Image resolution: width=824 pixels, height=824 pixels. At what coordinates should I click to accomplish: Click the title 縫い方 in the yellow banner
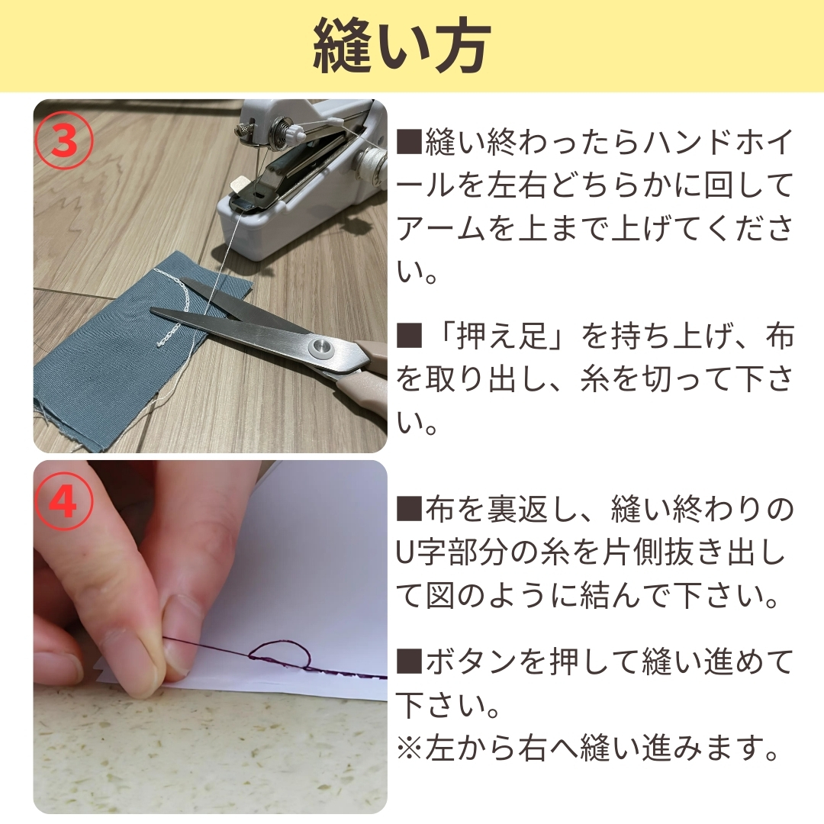pyautogui.click(x=402, y=47)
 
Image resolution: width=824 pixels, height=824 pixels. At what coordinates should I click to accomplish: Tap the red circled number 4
pyautogui.click(x=64, y=502)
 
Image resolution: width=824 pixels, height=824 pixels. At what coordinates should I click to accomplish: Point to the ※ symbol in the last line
pyautogui.click(x=410, y=747)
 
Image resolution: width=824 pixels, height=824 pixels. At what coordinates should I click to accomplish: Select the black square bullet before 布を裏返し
pyautogui.click(x=410, y=509)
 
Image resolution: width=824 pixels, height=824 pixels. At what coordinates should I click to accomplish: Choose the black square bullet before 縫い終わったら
pyautogui.click(x=410, y=142)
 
